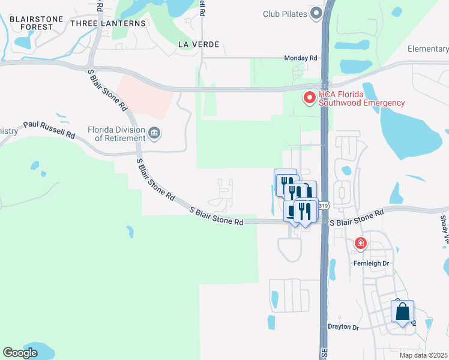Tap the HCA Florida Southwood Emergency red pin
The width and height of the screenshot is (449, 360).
tap(310, 97)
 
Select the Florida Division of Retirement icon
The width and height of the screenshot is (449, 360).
tap(155, 133)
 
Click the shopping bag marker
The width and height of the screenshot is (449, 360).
tap(403, 312)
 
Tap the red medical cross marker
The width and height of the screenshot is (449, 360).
tap(361, 243)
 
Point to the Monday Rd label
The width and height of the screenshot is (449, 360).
tap(300, 58)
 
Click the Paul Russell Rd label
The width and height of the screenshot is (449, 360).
tap(49, 130)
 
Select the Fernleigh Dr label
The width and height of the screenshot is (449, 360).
tap(373, 263)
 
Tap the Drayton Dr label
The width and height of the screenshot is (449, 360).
tap(343, 327)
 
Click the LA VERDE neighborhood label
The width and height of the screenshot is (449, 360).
tap(199, 44)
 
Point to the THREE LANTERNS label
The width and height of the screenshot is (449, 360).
tap(108, 23)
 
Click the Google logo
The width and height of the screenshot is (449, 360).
tap(20, 353)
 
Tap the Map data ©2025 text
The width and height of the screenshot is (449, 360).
tap(424, 355)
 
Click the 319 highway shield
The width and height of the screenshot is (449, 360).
tap(324, 206)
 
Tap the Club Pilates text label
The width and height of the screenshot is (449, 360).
tap(285, 14)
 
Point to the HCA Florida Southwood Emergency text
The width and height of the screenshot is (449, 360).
tap(361, 98)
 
